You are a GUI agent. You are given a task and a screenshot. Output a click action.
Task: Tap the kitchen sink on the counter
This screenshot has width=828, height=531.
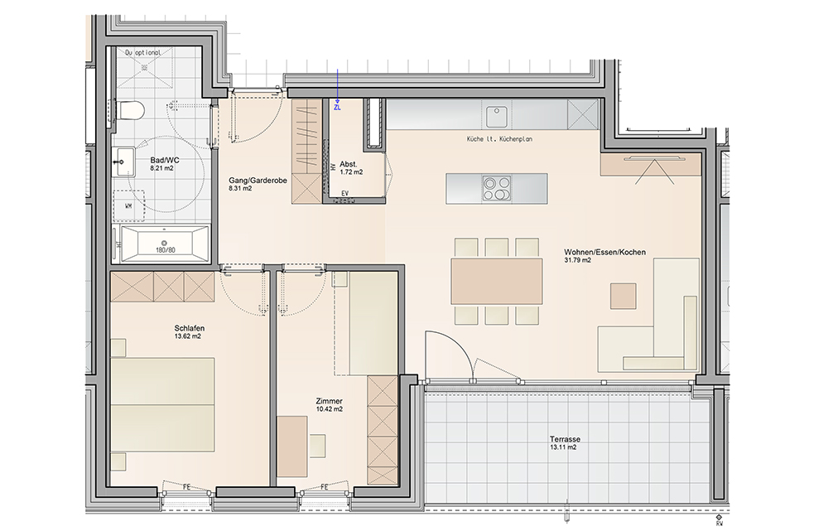[496, 116]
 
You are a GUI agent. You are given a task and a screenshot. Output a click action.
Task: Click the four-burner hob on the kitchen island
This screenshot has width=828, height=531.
[497, 189]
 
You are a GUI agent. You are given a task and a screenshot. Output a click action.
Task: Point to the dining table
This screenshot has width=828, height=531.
[496, 281]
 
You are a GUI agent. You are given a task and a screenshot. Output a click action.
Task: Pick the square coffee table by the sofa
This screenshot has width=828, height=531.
[623, 296]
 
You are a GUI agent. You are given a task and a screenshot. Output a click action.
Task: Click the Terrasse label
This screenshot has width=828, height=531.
[565, 439]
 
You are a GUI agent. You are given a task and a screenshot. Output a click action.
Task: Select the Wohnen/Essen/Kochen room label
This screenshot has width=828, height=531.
[604, 252]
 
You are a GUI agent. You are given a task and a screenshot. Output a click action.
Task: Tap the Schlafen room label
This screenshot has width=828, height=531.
[189, 328]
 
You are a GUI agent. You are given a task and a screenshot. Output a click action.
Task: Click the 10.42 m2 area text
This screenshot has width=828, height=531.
[330, 409]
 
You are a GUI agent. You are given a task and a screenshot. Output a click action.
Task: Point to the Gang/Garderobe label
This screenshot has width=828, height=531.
[258, 180]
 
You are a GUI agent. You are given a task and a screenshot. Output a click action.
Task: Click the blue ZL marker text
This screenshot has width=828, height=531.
[338, 107]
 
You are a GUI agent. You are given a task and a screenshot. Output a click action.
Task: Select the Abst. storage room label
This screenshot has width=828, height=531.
[349, 164]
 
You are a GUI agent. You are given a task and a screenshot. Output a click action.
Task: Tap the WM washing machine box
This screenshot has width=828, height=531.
[128, 205]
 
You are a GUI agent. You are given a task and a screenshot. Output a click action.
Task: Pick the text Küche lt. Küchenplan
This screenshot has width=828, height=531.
[499, 139]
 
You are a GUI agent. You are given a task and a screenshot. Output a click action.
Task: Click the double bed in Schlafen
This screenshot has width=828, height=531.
[162, 405]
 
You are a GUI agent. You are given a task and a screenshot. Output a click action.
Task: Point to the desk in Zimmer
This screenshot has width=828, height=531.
[292, 446]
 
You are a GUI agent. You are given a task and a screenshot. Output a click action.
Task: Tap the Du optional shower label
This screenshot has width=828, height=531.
[142, 53]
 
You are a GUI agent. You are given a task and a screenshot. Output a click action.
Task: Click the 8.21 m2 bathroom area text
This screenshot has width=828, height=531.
[161, 168]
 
